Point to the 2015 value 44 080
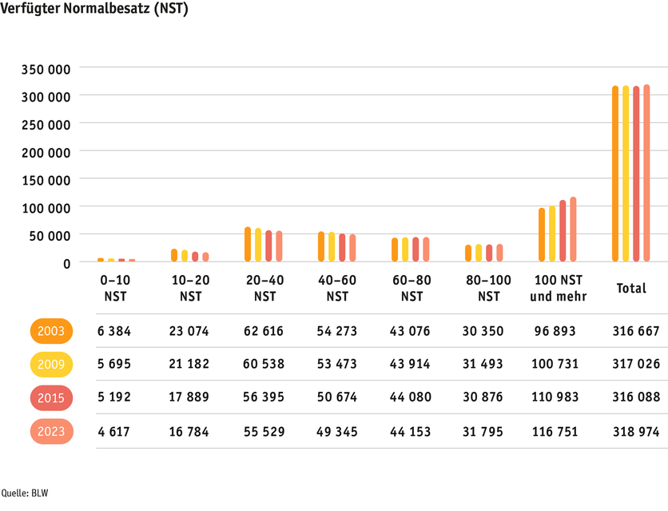(411, 397)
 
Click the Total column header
(631, 288)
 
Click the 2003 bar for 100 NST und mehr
(542, 234)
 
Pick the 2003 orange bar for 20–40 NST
(248, 244)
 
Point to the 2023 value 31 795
(484, 432)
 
